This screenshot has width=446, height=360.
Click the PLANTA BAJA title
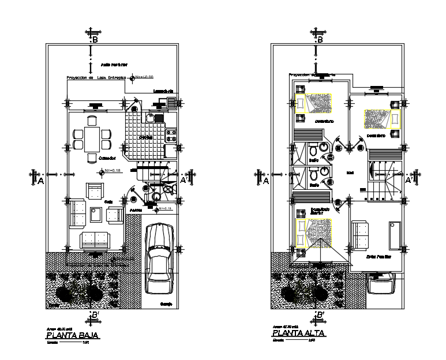point(73,335)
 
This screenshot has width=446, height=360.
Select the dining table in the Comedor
point(92,138)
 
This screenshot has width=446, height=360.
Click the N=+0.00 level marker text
point(145,77)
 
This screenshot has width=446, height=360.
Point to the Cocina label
point(145,137)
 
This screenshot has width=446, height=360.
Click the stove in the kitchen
point(171,136)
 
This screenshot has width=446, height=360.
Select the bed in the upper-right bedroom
point(381,118)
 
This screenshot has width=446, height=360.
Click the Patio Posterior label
point(114,65)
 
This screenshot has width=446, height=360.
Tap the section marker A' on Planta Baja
point(184,180)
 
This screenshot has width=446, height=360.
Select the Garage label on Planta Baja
point(167,303)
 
